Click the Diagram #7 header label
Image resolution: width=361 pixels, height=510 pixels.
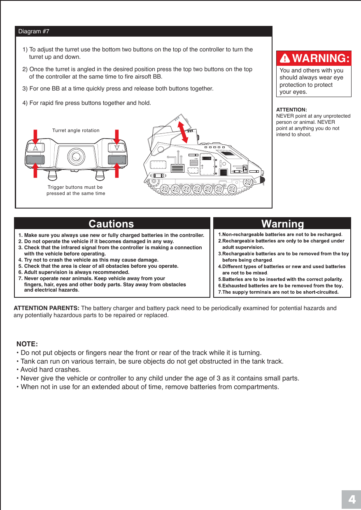(x=34, y=32)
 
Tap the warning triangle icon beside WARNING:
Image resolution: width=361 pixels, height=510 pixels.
(x=285, y=59)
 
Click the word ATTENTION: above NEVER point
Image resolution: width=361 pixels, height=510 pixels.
(x=291, y=110)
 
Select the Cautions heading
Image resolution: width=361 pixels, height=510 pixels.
(x=112, y=224)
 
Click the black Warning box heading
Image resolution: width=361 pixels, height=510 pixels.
(x=282, y=224)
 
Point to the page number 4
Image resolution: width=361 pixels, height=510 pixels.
(x=351, y=500)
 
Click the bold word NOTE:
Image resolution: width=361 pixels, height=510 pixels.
(x=27, y=343)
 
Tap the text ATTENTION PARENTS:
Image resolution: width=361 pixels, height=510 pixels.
(x=47, y=308)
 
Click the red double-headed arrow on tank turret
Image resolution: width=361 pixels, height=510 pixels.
(x=182, y=130)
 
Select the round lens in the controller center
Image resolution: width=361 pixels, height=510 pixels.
(x=76, y=156)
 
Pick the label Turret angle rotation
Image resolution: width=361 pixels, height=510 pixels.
(x=76, y=130)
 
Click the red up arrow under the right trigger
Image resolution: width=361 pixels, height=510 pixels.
(x=117, y=170)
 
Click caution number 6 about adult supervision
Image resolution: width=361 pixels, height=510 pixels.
(x=77, y=272)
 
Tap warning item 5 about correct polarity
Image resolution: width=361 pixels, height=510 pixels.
(x=281, y=279)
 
